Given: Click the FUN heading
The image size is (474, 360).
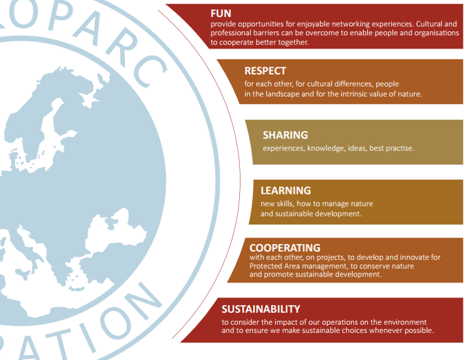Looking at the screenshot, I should [221, 13].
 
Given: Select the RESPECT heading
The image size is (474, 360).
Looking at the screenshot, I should [265, 71].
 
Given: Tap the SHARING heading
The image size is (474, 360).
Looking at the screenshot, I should [285, 135].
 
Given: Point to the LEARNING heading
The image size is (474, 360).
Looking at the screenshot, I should [286, 190].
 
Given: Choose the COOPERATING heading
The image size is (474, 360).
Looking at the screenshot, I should [284, 248].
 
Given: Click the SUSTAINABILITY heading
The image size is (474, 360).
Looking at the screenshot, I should [261, 309].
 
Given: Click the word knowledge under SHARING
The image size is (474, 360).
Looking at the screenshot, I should [326, 149].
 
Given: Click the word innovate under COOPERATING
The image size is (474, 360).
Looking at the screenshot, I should [411, 258].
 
